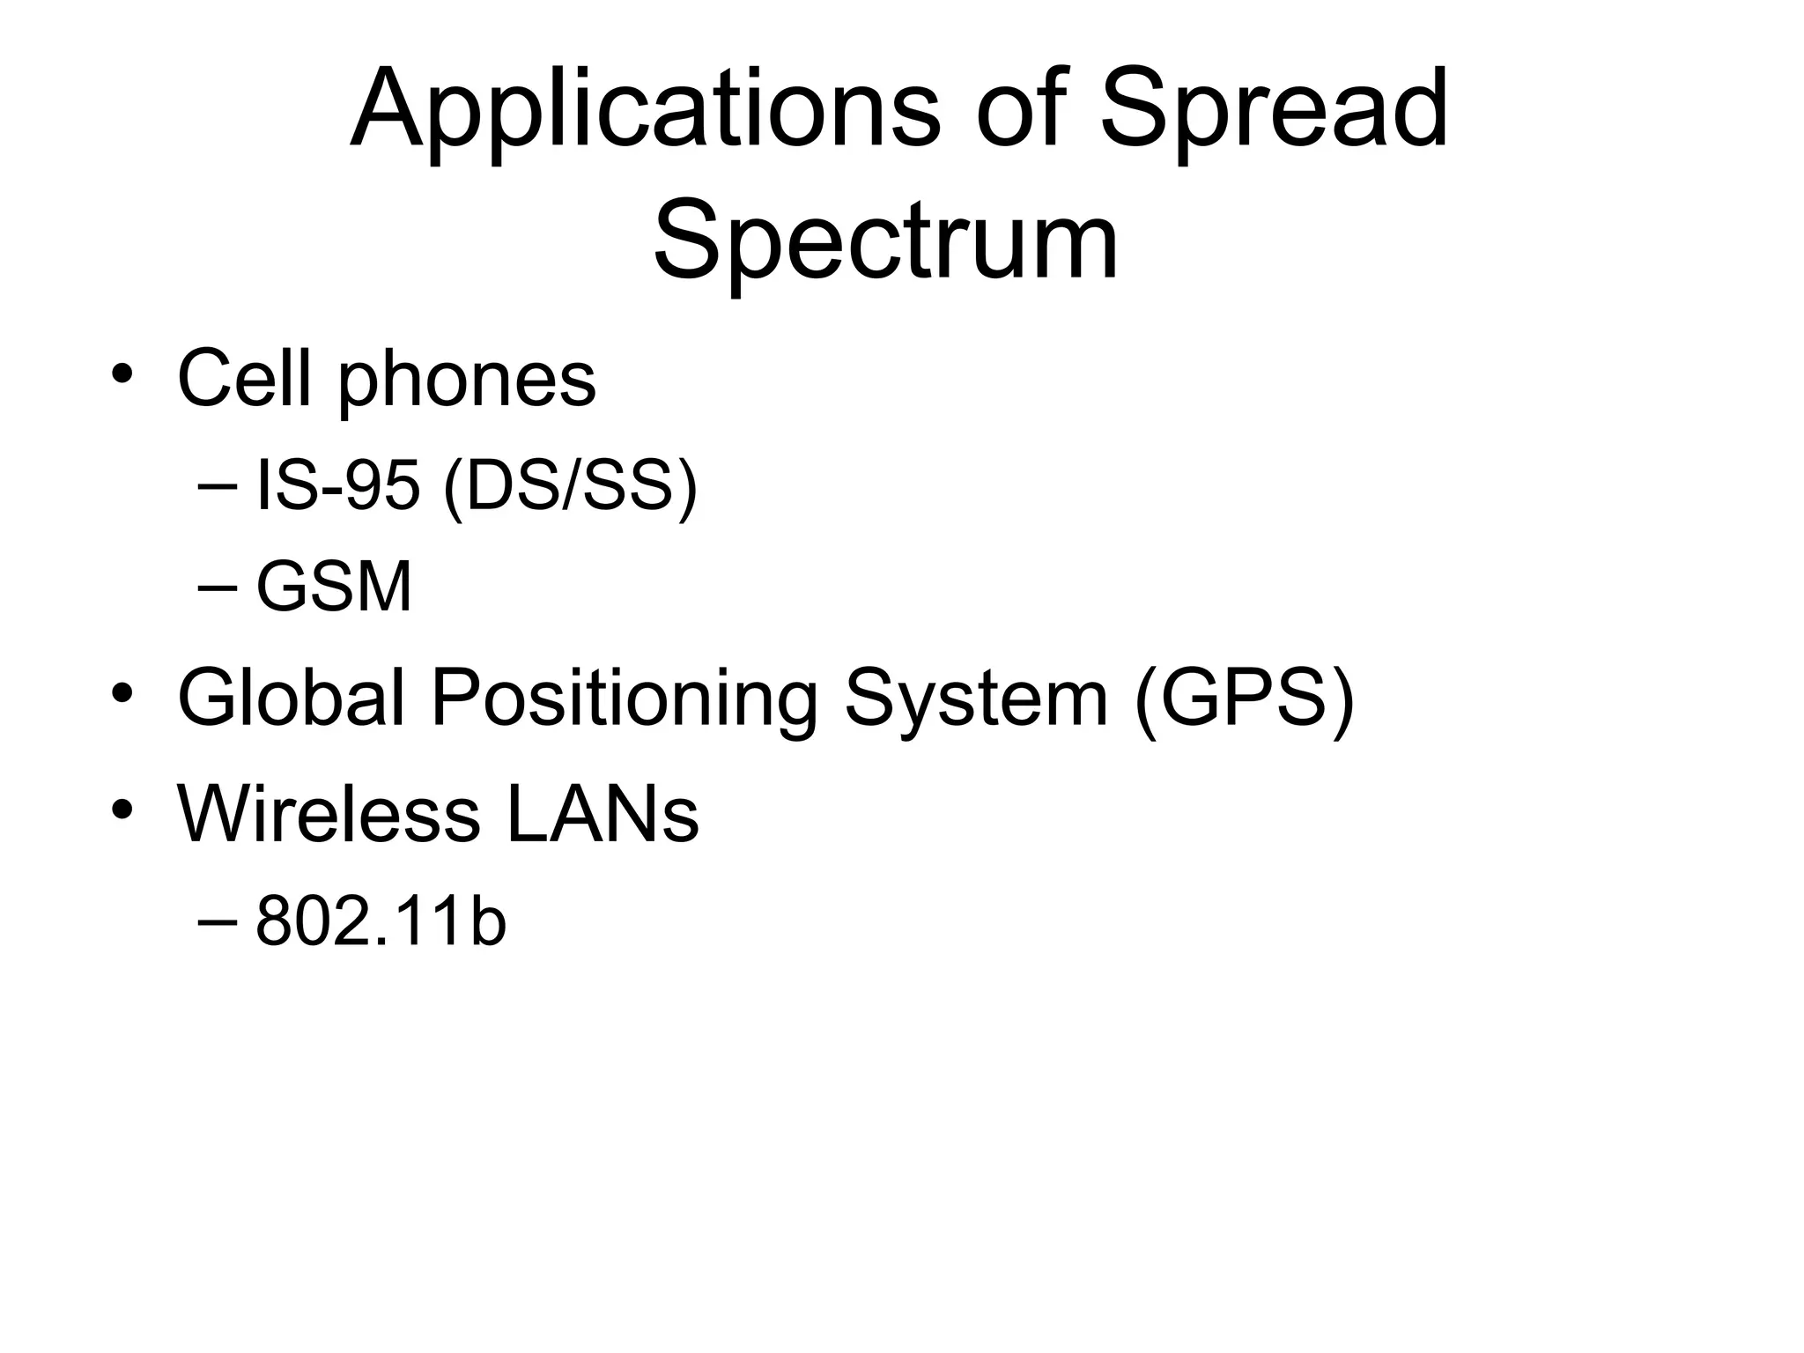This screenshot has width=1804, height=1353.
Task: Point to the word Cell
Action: [x=244, y=379]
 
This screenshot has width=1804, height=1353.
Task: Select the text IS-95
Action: [x=337, y=486]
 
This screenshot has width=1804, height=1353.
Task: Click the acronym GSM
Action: [x=334, y=588]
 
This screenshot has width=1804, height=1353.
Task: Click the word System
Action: [x=975, y=699]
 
